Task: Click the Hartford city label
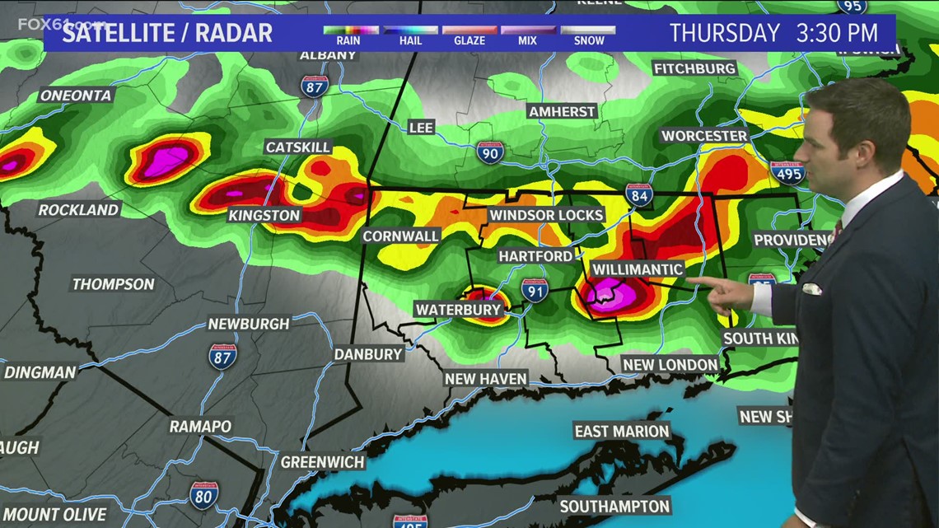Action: [x=535, y=256]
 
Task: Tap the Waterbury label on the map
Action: [x=459, y=310]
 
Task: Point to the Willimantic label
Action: [x=637, y=269]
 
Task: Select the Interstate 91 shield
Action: [x=535, y=289]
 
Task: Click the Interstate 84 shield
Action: [x=638, y=194]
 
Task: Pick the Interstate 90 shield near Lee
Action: [x=490, y=152]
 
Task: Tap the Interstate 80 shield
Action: [x=204, y=493]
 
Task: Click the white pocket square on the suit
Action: [x=811, y=288]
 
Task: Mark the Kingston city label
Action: [x=265, y=215]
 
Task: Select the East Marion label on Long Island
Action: [x=622, y=431]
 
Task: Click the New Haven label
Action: [x=485, y=378]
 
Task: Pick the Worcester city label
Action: [x=704, y=136]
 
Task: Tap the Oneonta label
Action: [x=75, y=96]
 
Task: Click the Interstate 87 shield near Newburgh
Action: [x=222, y=355]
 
